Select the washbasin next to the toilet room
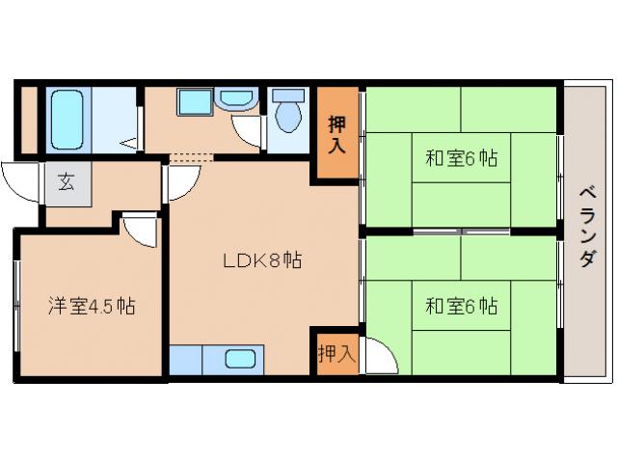(x=236, y=98)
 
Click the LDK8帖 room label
(x=262, y=259)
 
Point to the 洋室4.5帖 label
(x=92, y=308)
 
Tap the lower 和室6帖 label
(x=461, y=307)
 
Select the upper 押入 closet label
(x=336, y=133)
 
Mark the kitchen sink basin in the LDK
(x=241, y=360)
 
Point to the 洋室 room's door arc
(x=142, y=231)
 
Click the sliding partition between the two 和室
(x=461, y=231)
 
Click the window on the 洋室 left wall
(x=16, y=304)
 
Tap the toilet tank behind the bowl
(x=287, y=96)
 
